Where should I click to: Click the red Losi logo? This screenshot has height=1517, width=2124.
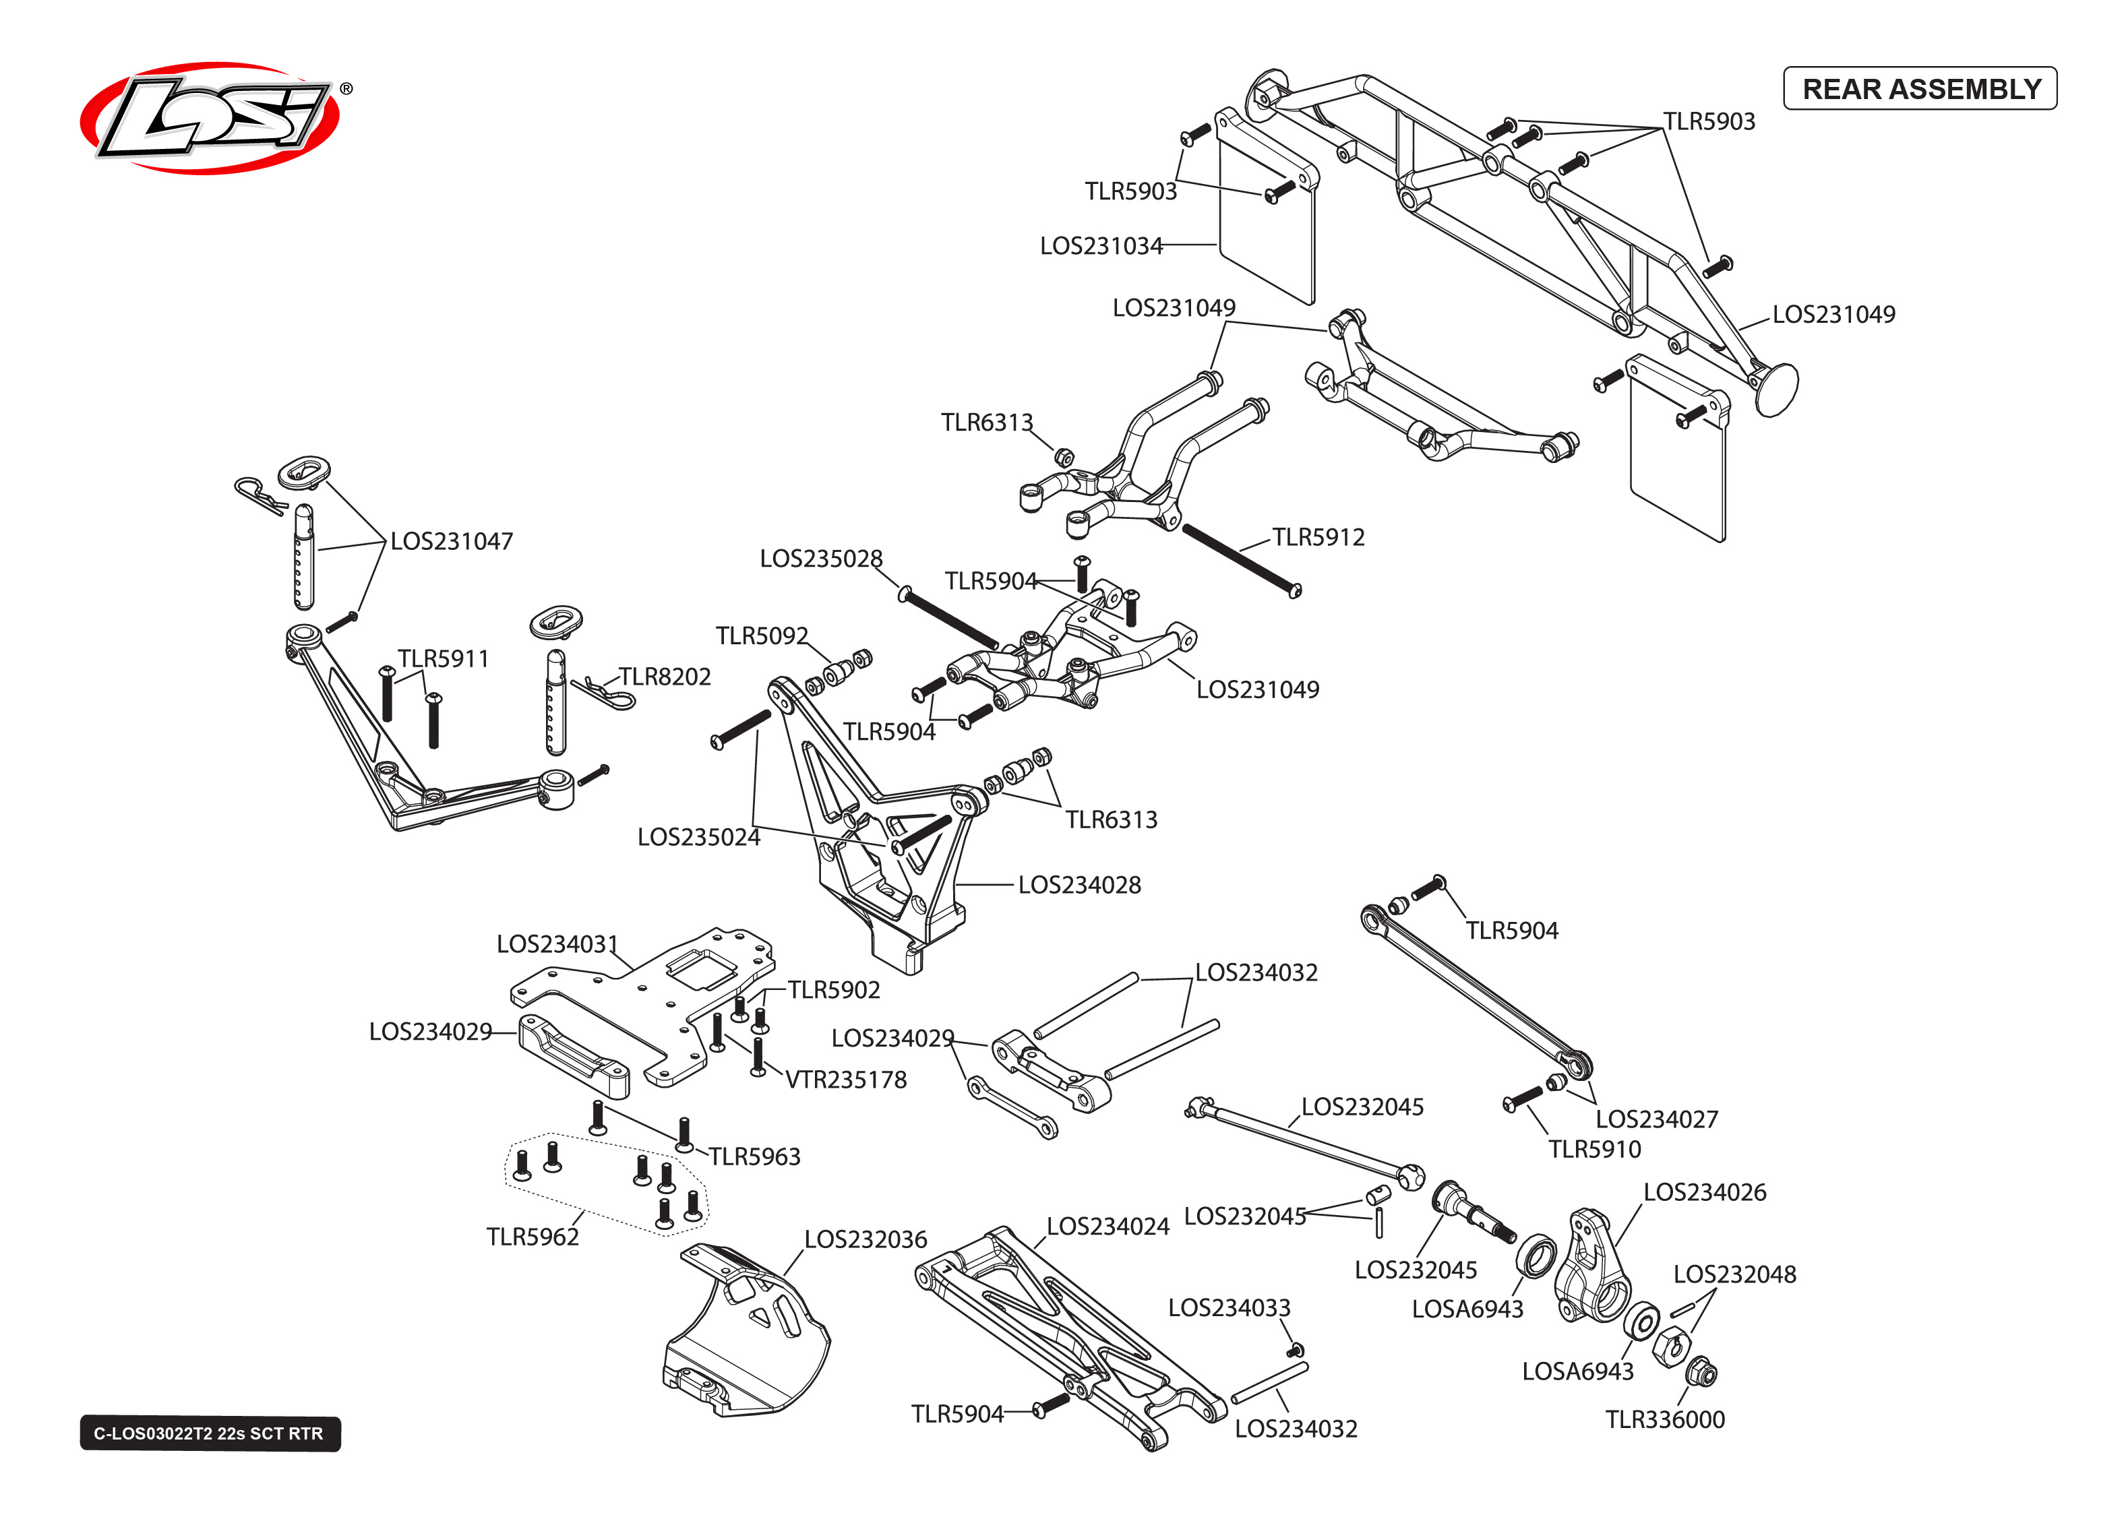[x=211, y=119]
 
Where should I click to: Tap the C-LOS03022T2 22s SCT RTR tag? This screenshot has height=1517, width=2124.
[x=209, y=1433]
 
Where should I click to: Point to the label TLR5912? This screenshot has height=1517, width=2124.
[x=1317, y=537]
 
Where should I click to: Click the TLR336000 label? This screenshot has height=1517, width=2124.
[x=1664, y=1419]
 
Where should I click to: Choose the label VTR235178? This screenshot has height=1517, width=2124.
[x=845, y=1080]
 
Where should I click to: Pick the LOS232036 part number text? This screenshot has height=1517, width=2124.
[x=865, y=1239]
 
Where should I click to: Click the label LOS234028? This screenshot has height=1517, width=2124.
[x=1079, y=885]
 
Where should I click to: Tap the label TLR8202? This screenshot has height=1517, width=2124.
[x=664, y=677]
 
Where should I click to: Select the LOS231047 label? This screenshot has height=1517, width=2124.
[x=451, y=541]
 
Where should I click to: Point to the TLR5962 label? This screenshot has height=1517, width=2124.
[x=533, y=1237]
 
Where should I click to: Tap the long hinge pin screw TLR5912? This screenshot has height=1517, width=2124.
[x=1240, y=559]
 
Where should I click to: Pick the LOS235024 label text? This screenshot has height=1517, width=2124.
[x=698, y=837]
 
